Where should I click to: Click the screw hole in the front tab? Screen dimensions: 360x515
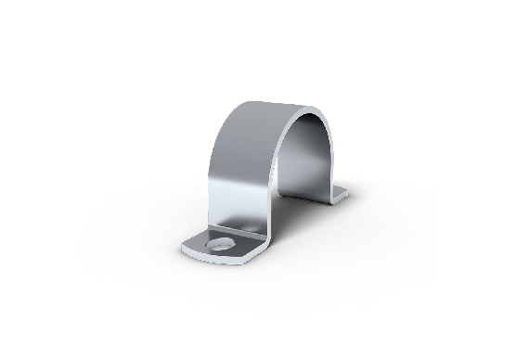[221, 246]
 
